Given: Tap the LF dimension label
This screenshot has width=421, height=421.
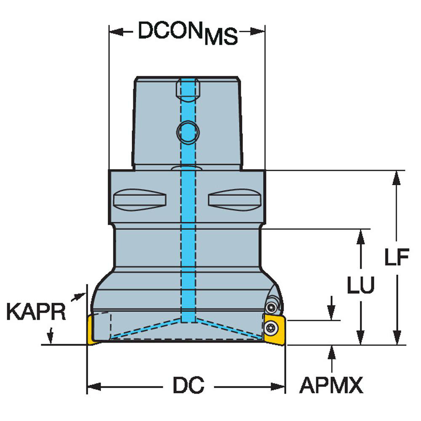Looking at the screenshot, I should (397, 258).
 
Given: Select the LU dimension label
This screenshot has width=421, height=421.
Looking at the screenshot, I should (360, 285).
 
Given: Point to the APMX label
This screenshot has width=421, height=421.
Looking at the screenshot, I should (331, 385).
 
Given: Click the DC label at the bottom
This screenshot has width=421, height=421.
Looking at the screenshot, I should (188, 385).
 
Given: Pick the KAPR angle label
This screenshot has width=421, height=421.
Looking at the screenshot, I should (36, 312).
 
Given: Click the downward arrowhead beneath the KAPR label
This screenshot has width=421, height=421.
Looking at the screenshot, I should (51, 338).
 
